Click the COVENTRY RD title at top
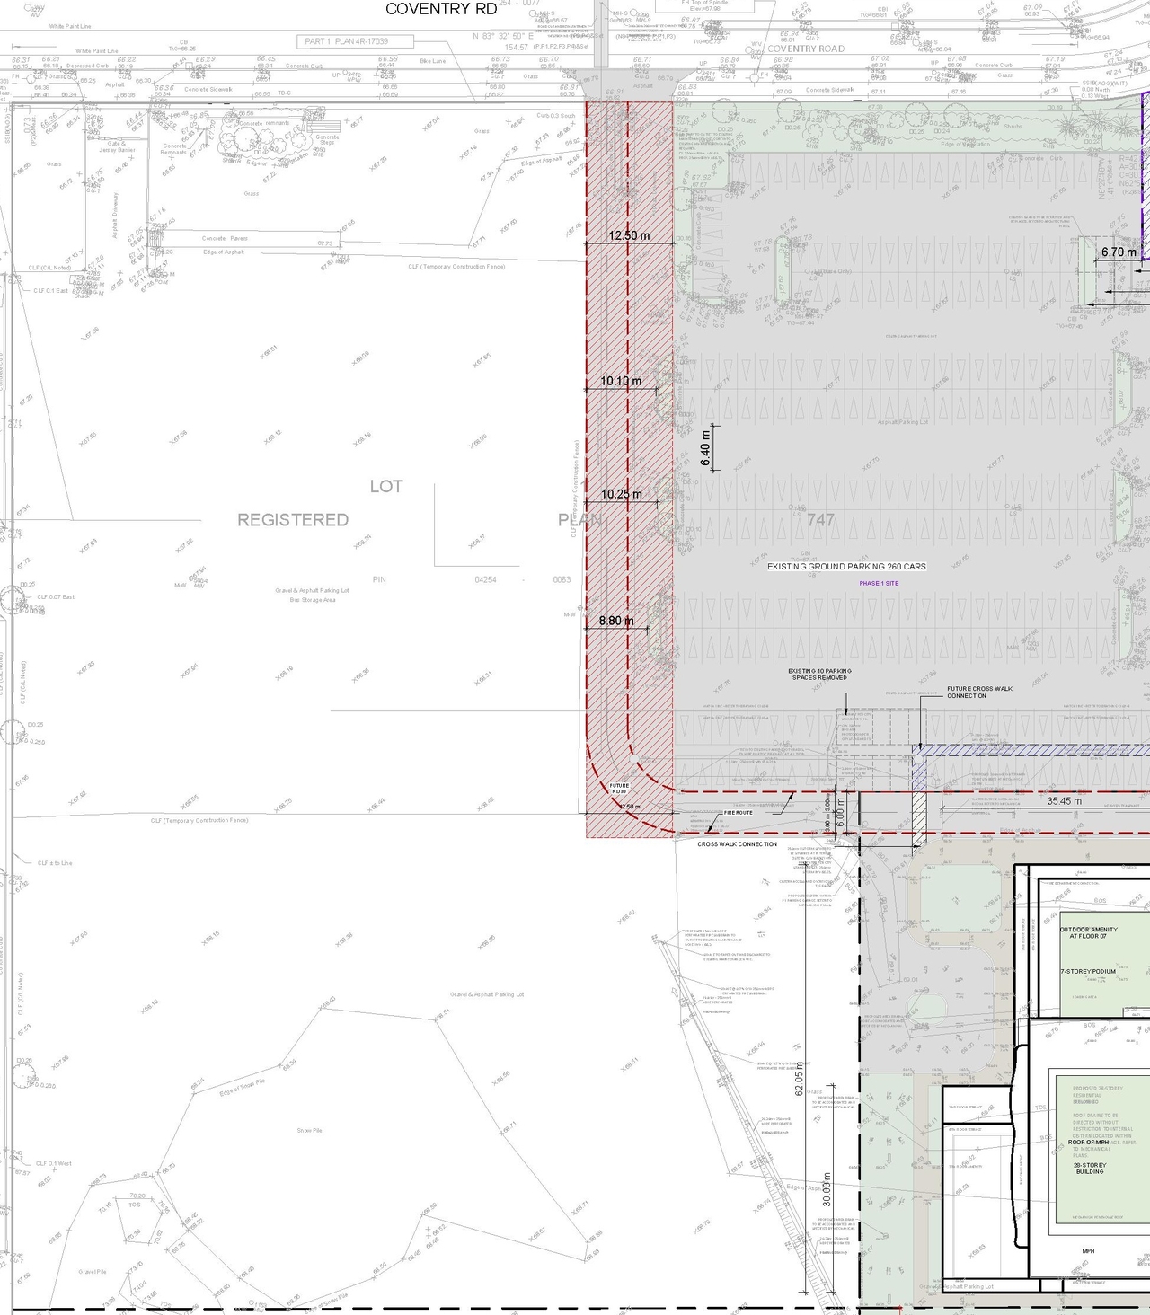(x=440, y=9)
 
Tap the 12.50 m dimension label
(x=629, y=235)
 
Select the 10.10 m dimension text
(x=621, y=381)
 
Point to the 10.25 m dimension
(x=622, y=494)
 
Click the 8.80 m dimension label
(x=616, y=621)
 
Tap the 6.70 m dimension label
(x=1119, y=252)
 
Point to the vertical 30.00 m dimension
(x=827, y=1187)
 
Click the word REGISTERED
(x=293, y=520)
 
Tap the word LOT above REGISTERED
(x=386, y=486)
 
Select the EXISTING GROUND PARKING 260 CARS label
(x=846, y=567)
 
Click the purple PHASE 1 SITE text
(x=879, y=584)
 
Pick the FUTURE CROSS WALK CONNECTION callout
(x=979, y=693)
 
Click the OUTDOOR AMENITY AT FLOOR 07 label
(x=1089, y=933)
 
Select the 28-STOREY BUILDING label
(x=1090, y=1168)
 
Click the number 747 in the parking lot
(x=820, y=520)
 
